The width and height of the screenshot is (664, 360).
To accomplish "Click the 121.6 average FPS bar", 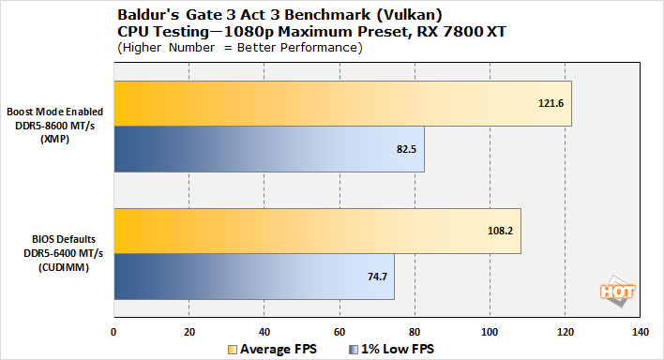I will coord(342,103).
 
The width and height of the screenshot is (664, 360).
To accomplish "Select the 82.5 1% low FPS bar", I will coord(269,149).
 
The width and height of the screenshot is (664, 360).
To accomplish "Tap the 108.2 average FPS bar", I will coord(317,232).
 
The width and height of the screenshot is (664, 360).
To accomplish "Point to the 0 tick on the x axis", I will coord(114,332).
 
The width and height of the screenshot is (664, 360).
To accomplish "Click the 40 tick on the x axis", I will coord(264,332).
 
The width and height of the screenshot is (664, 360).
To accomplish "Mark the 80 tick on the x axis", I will coord(415,332).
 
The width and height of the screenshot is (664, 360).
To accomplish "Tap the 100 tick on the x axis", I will coord(490,332).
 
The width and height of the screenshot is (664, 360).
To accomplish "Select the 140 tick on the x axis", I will coord(641,332).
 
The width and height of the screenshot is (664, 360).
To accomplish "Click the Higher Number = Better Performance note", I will coord(239,48).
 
